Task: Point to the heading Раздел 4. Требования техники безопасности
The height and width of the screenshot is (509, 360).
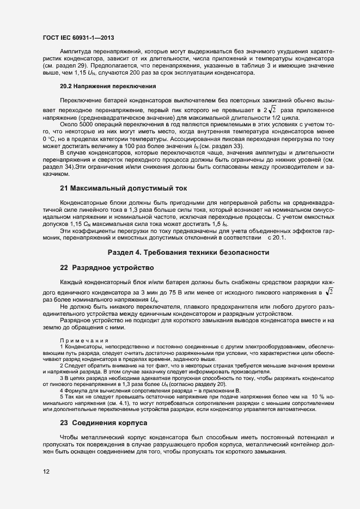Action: click(188, 253)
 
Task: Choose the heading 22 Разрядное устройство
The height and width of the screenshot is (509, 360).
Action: click(107, 268)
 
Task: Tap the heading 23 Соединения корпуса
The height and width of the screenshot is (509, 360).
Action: click(103, 423)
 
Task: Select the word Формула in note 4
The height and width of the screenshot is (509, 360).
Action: click(76, 390)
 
